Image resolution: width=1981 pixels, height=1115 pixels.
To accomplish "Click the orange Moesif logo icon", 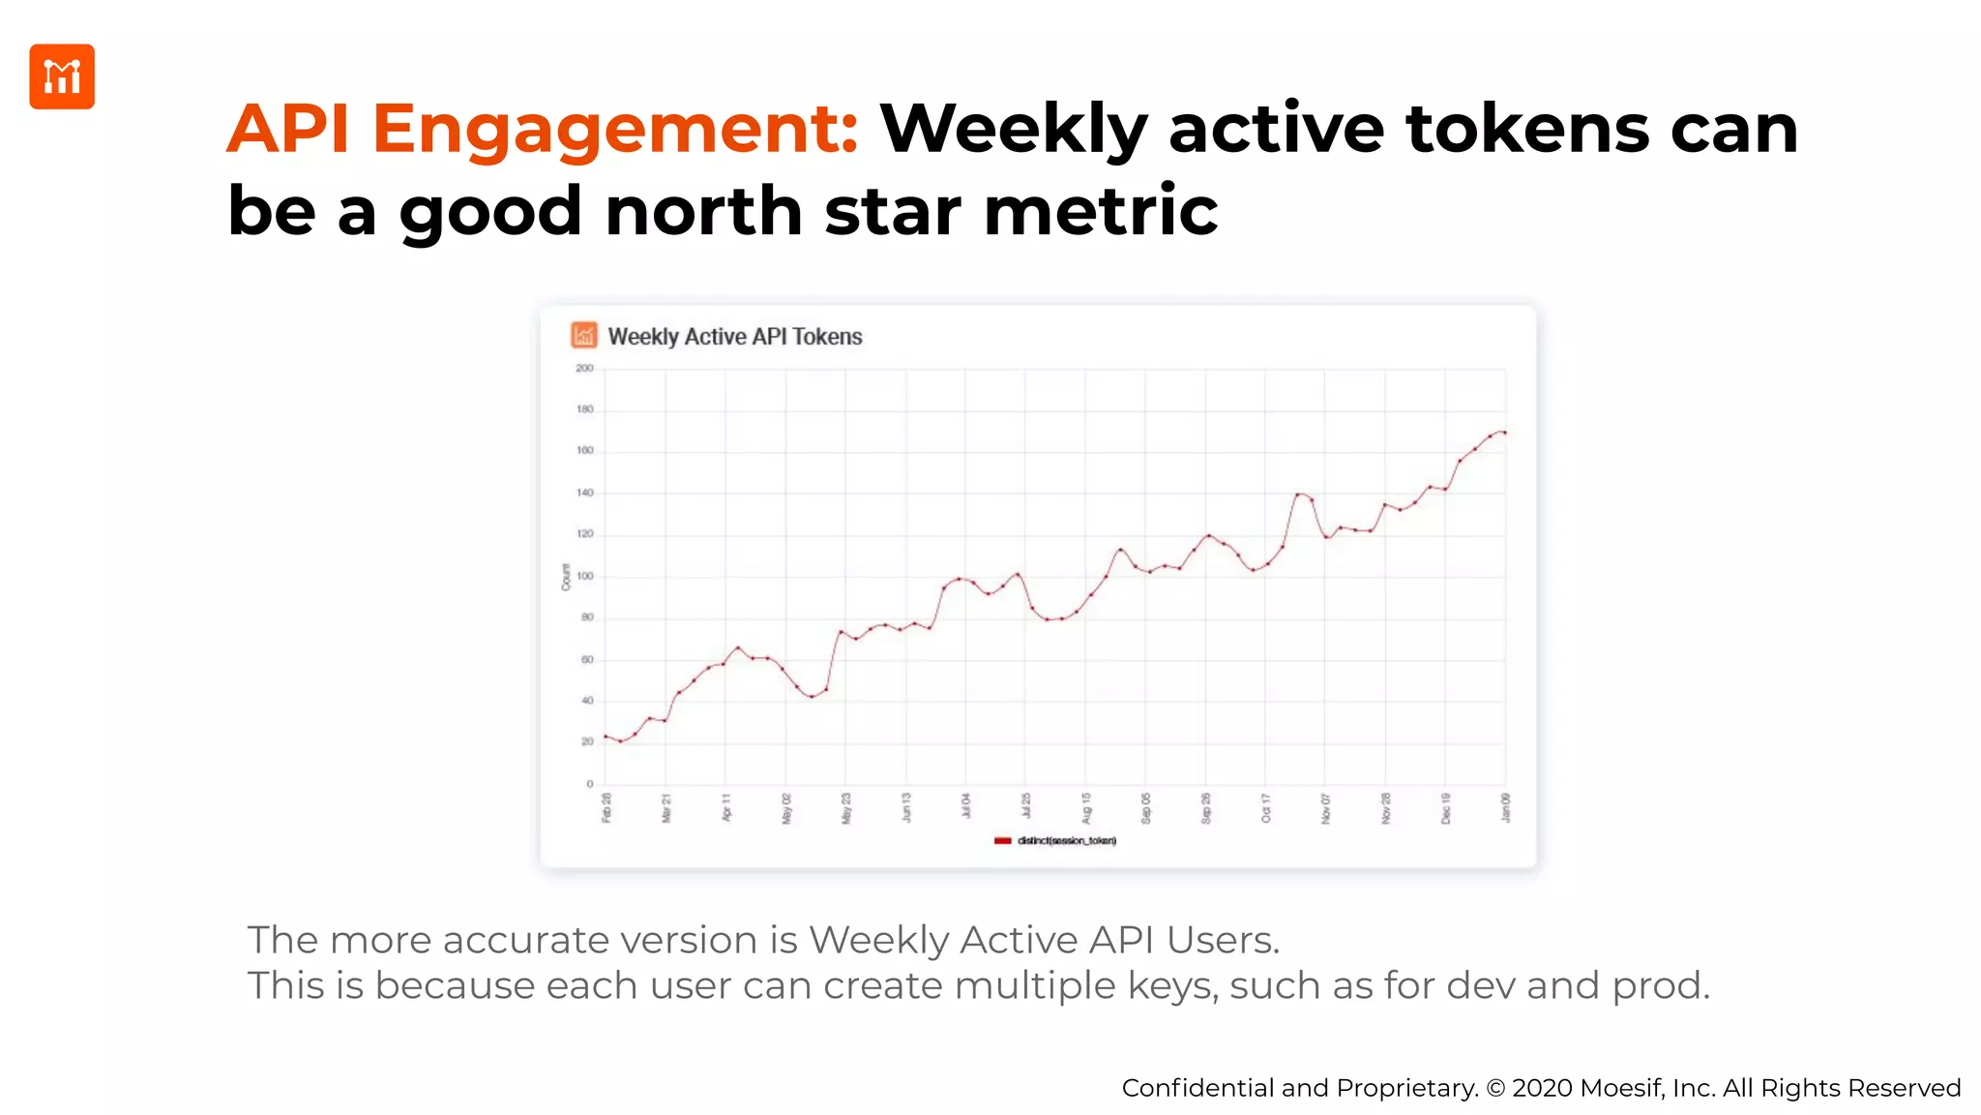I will (62, 76).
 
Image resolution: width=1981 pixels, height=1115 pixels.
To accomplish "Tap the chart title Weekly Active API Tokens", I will (734, 337).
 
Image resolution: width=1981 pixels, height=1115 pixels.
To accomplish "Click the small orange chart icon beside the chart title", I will (583, 336).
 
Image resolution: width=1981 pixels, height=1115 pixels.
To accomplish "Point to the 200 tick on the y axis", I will (584, 369).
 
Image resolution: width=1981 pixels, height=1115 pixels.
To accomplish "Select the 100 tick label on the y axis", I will (584, 576).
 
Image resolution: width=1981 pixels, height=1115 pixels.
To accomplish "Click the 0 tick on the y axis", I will (589, 784).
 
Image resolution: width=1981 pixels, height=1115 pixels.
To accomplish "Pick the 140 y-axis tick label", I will (584, 493).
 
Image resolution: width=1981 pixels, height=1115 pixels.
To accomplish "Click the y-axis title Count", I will (566, 577).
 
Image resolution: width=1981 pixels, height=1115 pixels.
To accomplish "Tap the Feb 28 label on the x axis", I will (606, 807).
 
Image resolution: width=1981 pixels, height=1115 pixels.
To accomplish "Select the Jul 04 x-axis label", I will (966, 806).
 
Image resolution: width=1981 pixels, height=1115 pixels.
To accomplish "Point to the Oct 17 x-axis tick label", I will (1266, 807).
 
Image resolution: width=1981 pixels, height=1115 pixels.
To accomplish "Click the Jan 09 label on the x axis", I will (1505, 807).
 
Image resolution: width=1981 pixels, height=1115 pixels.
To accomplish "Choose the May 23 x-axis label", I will (846, 807).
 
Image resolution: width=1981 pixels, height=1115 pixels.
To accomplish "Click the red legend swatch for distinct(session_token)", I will (1002, 841).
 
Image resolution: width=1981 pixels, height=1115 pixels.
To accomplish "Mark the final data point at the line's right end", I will (1505, 433).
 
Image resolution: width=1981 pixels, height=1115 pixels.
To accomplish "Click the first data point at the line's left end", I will (606, 737).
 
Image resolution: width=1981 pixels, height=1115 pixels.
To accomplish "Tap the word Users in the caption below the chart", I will (1223, 940).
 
